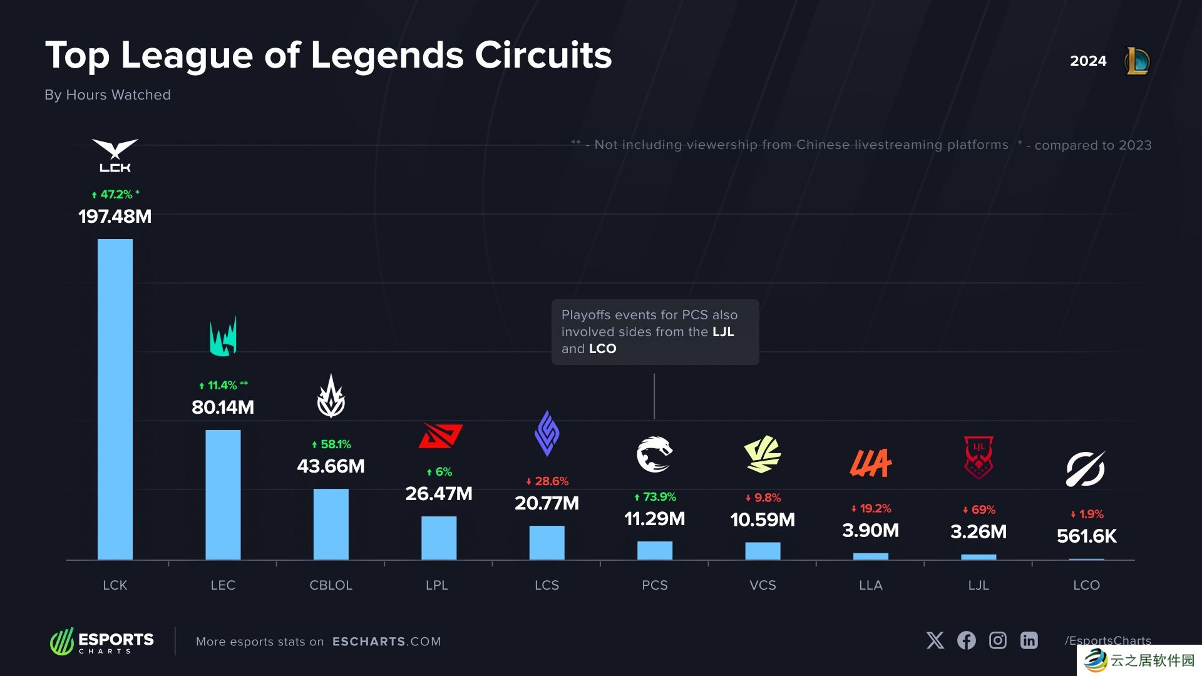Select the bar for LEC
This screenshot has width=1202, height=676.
coord(223,494)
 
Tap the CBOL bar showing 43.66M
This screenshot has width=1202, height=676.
coord(331,524)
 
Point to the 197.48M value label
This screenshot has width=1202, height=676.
coord(115,217)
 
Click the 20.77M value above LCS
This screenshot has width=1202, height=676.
coord(547,503)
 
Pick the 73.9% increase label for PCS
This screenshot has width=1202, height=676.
coord(655,497)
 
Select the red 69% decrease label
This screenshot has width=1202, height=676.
coord(979,510)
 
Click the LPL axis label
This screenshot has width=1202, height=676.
coord(437,585)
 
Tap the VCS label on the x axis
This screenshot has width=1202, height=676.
coord(763,585)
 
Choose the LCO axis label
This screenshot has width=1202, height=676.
coord(1086,585)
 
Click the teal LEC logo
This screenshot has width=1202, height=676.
coord(223,337)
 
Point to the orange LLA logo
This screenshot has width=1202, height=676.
coord(870,463)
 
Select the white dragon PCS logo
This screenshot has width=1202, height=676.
coord(654,454)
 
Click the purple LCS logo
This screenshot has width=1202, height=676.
coord(547,433)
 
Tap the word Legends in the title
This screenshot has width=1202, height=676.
coord(387,55)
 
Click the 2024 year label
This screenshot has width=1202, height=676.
coord(1088,61)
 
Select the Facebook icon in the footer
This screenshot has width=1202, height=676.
coord(966,640)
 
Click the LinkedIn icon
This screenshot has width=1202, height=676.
coord(1029,640)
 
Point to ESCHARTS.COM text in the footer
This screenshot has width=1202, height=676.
coord(386,642)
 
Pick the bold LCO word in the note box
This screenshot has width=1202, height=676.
coord(602,349)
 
